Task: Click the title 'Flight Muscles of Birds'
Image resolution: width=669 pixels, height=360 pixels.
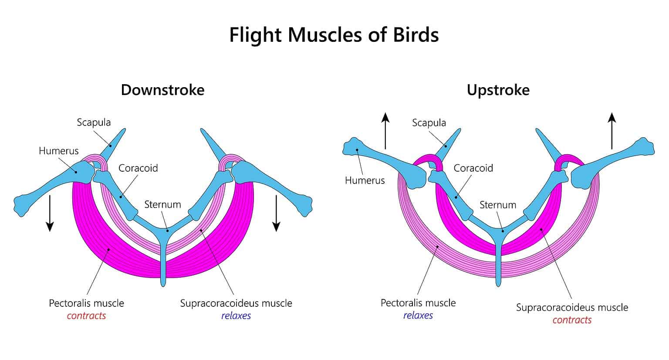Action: click(334, 35)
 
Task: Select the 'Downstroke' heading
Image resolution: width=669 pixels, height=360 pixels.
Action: click(162, 90)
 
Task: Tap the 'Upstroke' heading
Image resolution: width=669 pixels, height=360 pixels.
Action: click(498, 90)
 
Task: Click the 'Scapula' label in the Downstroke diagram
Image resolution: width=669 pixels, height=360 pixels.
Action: click(94, 122)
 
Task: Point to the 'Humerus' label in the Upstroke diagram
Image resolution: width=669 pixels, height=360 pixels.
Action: click(365, 180)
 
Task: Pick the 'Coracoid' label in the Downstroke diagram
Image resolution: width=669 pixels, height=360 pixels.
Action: click(138, 168)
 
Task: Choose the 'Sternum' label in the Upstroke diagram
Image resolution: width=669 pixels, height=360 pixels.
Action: click(497, 204)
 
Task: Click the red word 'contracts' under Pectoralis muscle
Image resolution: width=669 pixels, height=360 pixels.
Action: click(86, 316)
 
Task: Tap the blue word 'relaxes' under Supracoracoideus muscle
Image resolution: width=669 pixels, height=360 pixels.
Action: click(236, 316)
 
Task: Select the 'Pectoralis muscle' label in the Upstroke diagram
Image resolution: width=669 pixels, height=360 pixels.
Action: click(418, 302)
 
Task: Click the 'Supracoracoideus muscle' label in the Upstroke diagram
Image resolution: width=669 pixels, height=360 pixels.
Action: click(572, 307)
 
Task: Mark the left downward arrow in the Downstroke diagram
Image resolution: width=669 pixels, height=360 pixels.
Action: click(50, 213)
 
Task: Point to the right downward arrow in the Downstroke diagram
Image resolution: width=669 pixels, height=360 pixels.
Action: click(276, 213)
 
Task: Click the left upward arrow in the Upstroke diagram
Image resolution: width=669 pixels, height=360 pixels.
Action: click(385, 130)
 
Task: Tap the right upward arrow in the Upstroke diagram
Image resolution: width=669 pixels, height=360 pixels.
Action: click(612, 130)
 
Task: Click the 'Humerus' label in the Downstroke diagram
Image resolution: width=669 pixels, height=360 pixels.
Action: click(58, 151)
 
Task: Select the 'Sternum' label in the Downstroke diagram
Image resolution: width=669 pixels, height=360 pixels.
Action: click(162, 204)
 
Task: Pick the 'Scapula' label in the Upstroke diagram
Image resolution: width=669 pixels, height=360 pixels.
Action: click(429, 122)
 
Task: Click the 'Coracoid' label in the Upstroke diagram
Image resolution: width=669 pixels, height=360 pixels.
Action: click(473, 168)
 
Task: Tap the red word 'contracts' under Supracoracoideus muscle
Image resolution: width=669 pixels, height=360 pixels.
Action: click(572, 320)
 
